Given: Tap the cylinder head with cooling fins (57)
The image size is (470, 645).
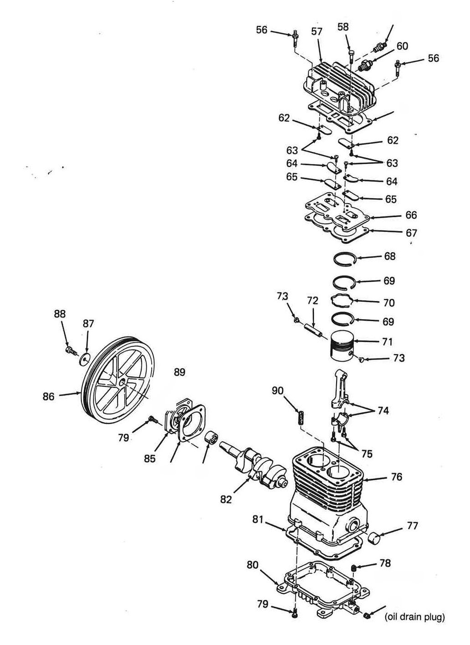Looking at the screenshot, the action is coord(340,86).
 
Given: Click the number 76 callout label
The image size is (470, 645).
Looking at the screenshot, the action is coord(397,477).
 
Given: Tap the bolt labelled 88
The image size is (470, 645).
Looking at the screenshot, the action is coord(71,351).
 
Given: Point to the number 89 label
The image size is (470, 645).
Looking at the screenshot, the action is coord(179,372).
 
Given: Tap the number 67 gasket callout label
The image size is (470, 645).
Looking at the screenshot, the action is coord(411,232).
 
